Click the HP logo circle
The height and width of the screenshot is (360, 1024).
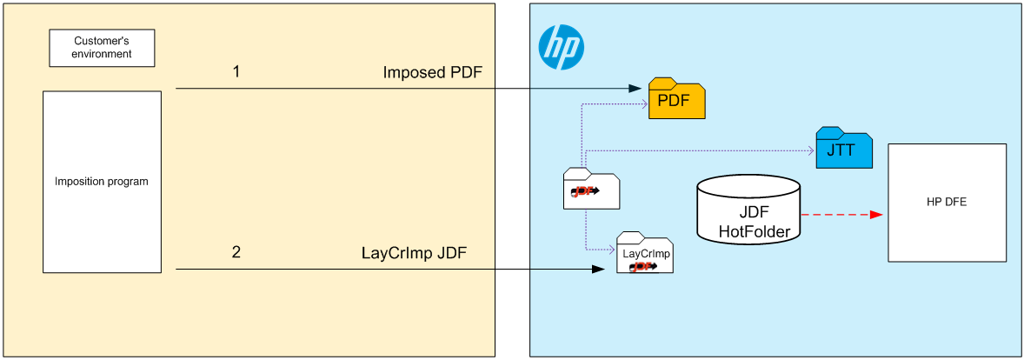561,47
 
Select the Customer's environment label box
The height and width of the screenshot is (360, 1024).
103,48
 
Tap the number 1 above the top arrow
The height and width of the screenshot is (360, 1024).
236,71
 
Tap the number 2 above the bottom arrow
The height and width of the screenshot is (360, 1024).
236,253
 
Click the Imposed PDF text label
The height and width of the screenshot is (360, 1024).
432,72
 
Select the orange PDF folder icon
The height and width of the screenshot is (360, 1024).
676,99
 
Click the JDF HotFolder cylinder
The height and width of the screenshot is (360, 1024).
748,209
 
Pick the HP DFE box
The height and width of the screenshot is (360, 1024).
947,203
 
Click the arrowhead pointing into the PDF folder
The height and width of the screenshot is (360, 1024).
635,89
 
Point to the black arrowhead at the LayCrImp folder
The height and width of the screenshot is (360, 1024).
598,270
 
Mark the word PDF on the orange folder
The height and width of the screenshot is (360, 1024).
674,100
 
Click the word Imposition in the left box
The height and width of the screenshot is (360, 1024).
83,182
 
